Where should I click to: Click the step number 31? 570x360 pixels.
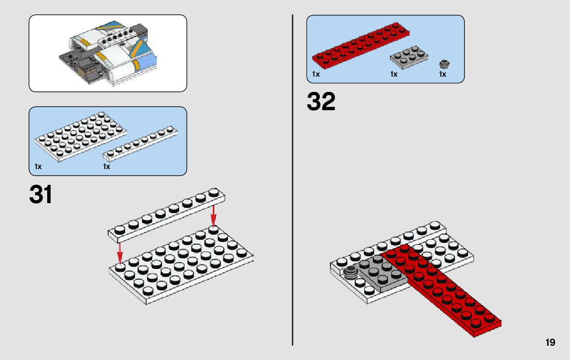pos(41,195)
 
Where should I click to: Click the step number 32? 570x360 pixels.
pos(321,102)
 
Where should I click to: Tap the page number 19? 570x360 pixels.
pos(550,343)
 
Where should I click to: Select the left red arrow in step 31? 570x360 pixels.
pos(120,249)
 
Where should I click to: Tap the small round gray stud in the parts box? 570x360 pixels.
pos(445,64)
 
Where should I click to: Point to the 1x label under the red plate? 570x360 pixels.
pos(316,75)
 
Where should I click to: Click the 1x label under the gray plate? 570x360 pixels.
pos(394,75)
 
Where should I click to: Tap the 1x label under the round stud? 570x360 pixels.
pos(443,75)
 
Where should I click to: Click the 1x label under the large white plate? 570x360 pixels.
pos(38,167)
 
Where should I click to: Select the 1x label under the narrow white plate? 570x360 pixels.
pos(107,167)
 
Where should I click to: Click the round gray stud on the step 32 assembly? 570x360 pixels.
pos(350,273)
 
